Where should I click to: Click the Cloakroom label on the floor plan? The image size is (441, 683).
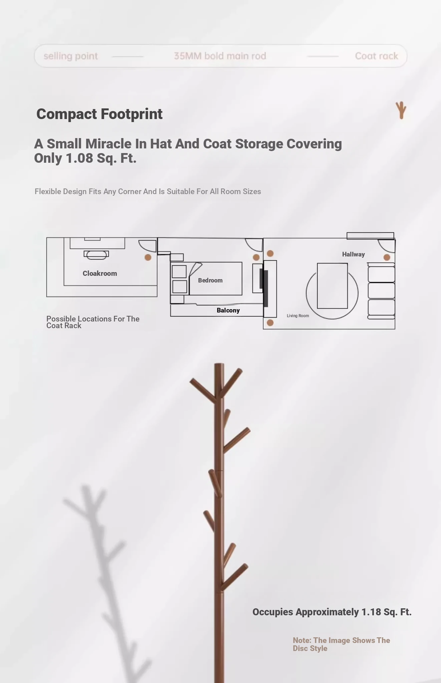(x=100, y=273)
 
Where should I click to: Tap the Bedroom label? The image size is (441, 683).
(x=210, y=280)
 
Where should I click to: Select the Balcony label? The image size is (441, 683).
(x=228, y=310)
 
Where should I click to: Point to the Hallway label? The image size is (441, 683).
(x=353, y=254)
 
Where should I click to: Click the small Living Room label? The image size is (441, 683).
(x=298, y=316)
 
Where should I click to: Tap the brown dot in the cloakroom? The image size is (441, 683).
(x=148, y=257)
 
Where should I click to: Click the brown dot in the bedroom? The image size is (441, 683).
(x=256, y=257)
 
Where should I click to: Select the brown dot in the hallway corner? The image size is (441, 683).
(x=387, y=257)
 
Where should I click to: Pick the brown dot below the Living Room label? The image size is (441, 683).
(x=270, y=323)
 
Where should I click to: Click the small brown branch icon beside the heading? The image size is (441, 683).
(x=401, y=110)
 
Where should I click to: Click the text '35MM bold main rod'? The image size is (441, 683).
(x=220, y=56)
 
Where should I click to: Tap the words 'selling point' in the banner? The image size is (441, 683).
(x=71, y=56)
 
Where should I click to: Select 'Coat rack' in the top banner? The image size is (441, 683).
(x=377, y=56)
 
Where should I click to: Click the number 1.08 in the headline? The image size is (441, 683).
(x=79, y=158)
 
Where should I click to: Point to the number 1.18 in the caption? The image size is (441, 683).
(x=371, y=612)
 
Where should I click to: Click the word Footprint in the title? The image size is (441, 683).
(x=131, y=114)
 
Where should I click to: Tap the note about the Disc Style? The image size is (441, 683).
(x=341, y=644)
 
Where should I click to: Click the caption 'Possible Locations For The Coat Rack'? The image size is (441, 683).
(x=93, y=322)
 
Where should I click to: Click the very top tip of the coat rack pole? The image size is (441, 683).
(x=219, y=364)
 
